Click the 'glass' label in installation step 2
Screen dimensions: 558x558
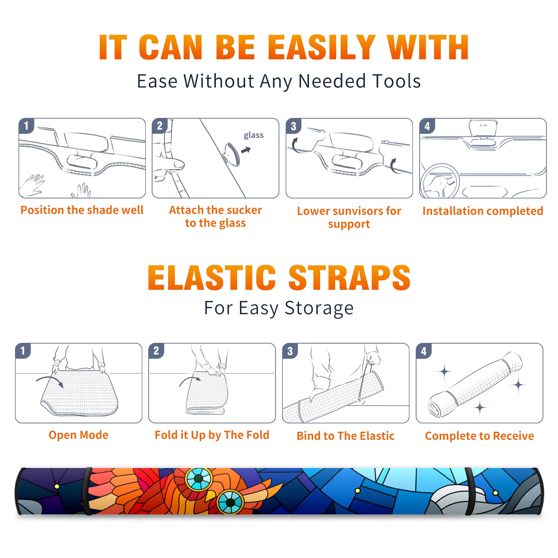(254, 135)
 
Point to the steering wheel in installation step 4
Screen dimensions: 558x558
(440, 181)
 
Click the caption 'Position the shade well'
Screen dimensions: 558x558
(82, 210)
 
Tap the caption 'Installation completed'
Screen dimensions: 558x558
(483, 211)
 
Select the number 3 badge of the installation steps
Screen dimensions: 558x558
(294, 126)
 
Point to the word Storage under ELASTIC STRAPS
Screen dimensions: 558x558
(319, 308)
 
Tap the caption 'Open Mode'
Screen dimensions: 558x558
(78, 435)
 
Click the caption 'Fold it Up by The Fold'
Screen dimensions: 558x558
(212, 435)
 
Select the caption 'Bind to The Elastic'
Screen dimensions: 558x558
(346, 436)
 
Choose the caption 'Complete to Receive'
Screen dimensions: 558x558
(480, 436)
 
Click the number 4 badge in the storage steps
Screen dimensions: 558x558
(424, 351)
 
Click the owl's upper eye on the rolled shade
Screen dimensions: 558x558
(198, 478)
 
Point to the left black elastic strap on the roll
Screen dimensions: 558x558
(87, 491)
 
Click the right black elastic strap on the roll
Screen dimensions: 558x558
(469, 491)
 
